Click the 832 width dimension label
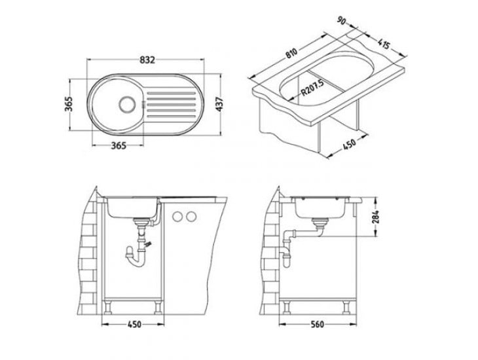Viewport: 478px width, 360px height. coord(147,60)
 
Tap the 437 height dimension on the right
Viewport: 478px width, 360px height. coord(219,104)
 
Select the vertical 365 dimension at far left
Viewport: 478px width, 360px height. coord(69,104)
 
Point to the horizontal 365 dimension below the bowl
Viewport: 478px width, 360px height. coord(119,146)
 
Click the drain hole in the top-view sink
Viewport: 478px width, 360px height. coord(126,105)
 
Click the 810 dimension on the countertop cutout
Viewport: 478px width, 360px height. coord(291,54)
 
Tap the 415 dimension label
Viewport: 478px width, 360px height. coord(384,44)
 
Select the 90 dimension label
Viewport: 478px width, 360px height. coord(342,21)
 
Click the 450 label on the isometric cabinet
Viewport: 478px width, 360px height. coord(350,144)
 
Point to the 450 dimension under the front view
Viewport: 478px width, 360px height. coord(134,325)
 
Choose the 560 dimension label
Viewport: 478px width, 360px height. coord(317,325)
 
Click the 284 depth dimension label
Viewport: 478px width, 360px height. coord(376,217)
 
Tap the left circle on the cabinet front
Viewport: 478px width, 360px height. coord(177,217)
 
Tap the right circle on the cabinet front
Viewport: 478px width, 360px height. coord(191,217)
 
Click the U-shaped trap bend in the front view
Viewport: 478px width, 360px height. coord(137,262)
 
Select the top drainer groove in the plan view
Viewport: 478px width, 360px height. coord(171,93)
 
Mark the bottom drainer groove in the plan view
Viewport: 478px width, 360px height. coord(171,116)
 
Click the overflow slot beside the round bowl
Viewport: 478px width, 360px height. coord(143,105)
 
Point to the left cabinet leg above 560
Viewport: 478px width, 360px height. coord(287,307)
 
